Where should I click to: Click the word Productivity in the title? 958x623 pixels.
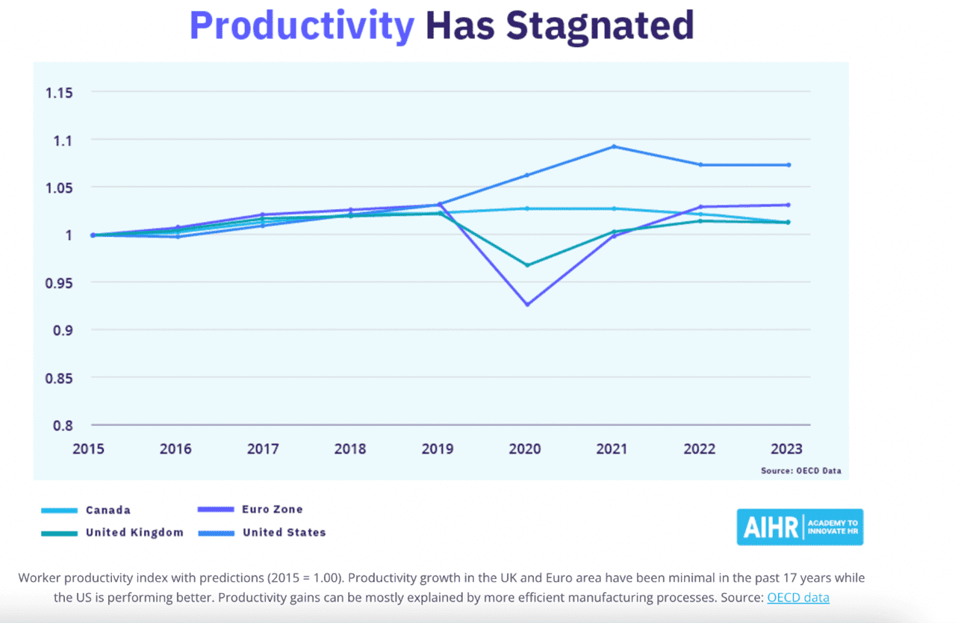coord(302,26)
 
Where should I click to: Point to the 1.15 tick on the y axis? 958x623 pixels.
coord(59,93)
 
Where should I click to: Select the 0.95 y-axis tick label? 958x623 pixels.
coord(59,283)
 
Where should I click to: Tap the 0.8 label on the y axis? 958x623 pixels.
coord(63,425)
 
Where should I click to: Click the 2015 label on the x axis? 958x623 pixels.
coord(88,449)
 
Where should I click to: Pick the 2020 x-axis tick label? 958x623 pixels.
coord(525,449)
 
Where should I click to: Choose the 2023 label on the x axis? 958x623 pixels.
coord(786,449)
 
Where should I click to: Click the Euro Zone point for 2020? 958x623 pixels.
coord(527,305)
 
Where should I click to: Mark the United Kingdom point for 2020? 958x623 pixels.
coord(527,265)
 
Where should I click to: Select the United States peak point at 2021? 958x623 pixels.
coord(614,146)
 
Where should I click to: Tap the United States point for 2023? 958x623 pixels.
coord(789,165)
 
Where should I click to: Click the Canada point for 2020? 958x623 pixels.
coord(527,208)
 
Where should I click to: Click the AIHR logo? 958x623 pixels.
coord(800,527)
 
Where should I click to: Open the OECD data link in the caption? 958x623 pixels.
coord(797,598)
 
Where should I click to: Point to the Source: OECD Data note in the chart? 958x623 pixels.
coord(800,471)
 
